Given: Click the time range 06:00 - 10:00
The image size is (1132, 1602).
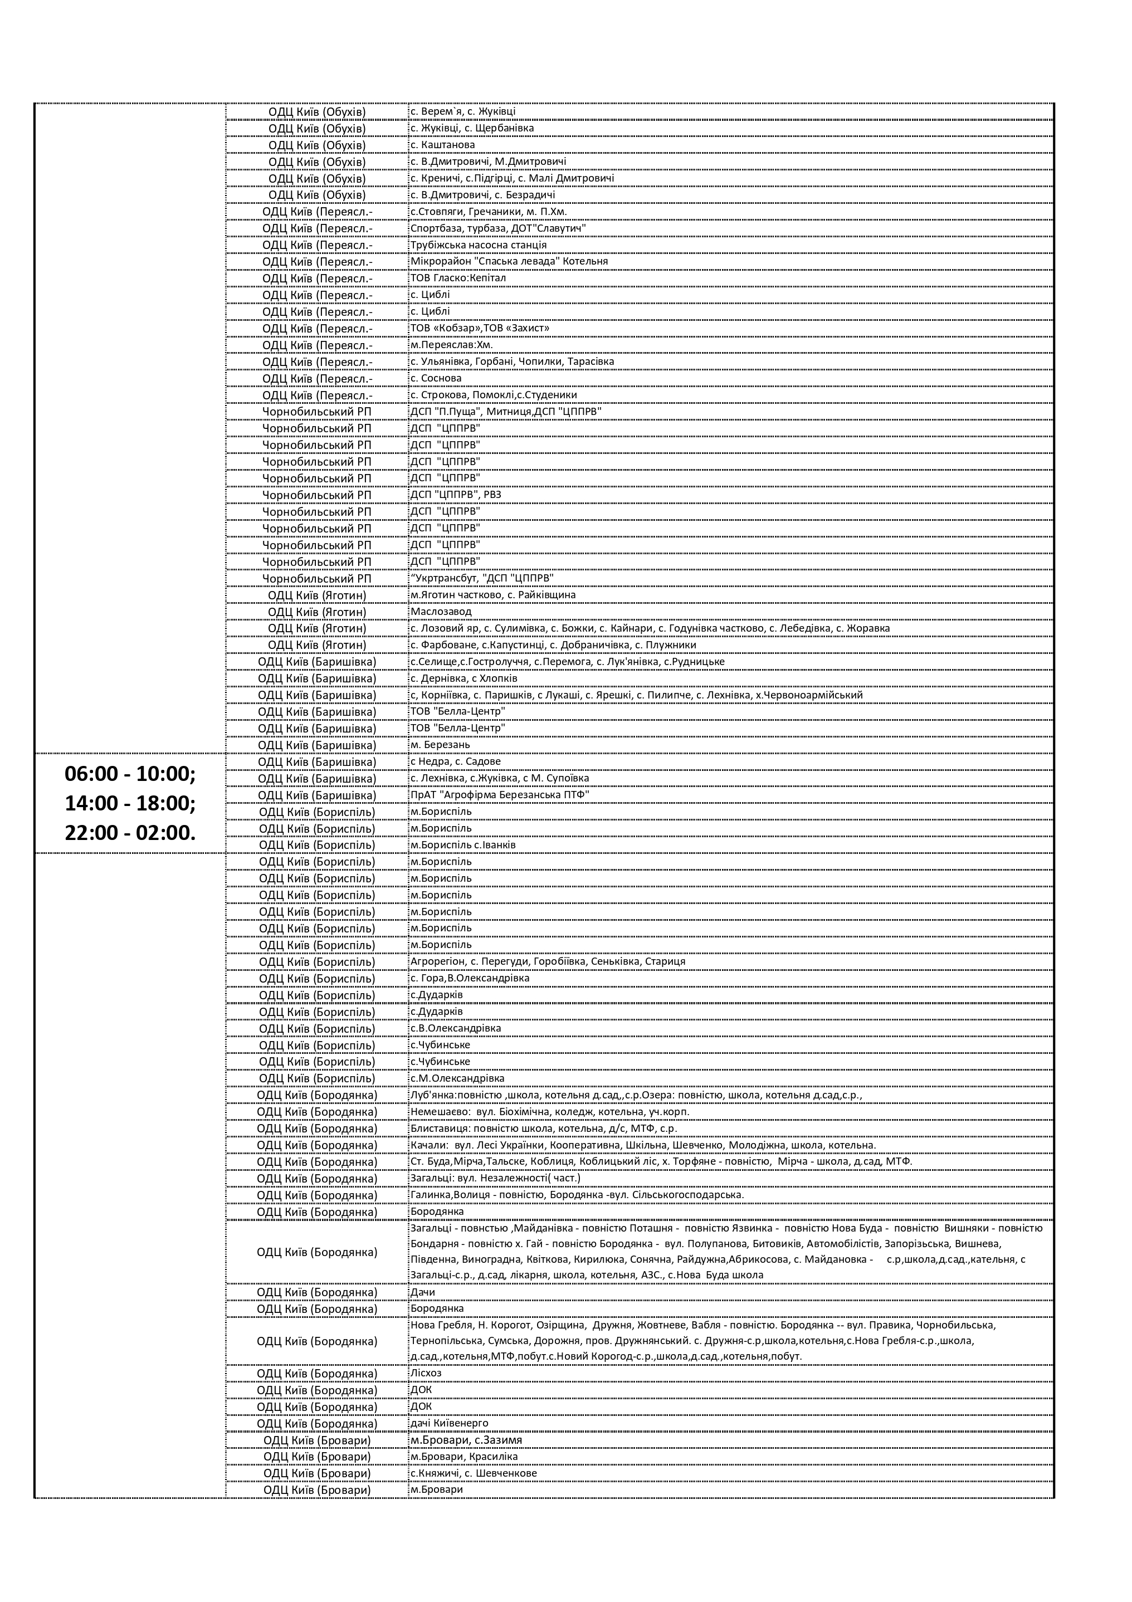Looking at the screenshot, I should (130, 774).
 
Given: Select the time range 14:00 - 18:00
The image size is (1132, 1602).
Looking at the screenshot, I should (130, 803).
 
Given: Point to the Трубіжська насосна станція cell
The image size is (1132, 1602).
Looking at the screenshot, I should (478, 245).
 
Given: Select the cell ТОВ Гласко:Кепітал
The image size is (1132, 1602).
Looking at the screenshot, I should (458, 278).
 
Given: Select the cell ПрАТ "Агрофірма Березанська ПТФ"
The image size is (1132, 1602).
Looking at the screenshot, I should (500, 795).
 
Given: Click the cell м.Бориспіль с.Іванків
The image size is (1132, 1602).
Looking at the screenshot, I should (463, 845).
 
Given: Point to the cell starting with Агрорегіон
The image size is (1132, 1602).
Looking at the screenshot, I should (547, 961).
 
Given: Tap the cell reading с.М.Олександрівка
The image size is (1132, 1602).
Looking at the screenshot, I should (457, 1078).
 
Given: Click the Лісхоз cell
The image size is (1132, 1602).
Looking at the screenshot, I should (426, 1373).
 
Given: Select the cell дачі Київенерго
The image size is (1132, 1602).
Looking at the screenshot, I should (449, 1423).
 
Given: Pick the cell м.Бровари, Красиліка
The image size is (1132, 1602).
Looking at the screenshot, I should (463, 1456).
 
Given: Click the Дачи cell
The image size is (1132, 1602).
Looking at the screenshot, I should (422, 1292).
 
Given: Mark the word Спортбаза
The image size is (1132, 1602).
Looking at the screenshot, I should (433, 228).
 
